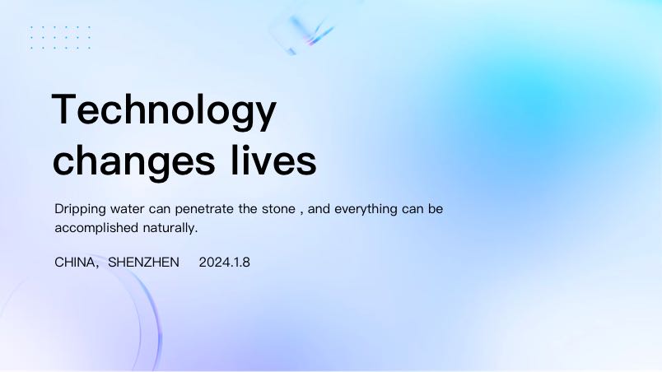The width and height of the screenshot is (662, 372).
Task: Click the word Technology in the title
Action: [x=164, y=110]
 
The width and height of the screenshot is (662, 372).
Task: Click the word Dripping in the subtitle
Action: [x=80, y=210]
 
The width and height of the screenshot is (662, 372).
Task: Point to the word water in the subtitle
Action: [x=127, y=209]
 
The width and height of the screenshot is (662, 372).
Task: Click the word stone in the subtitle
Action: [x=278, y=209]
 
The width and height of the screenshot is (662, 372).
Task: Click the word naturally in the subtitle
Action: [x=170, y=228]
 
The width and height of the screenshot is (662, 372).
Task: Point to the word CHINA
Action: [x=75, y=263]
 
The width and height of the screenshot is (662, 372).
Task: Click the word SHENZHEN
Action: [x=143, y=263]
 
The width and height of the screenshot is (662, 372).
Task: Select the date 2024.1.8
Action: [x=224, y=263]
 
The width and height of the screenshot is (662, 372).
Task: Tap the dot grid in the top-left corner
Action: [x=60, y=38]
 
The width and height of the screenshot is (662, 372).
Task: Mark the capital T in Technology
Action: [x=64, y=109]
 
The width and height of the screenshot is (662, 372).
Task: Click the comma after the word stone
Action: [x=301, y=212]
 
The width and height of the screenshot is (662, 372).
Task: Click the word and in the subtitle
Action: [x=319, y=209]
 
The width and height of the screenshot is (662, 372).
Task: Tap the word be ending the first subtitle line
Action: [x=436, y=209]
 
